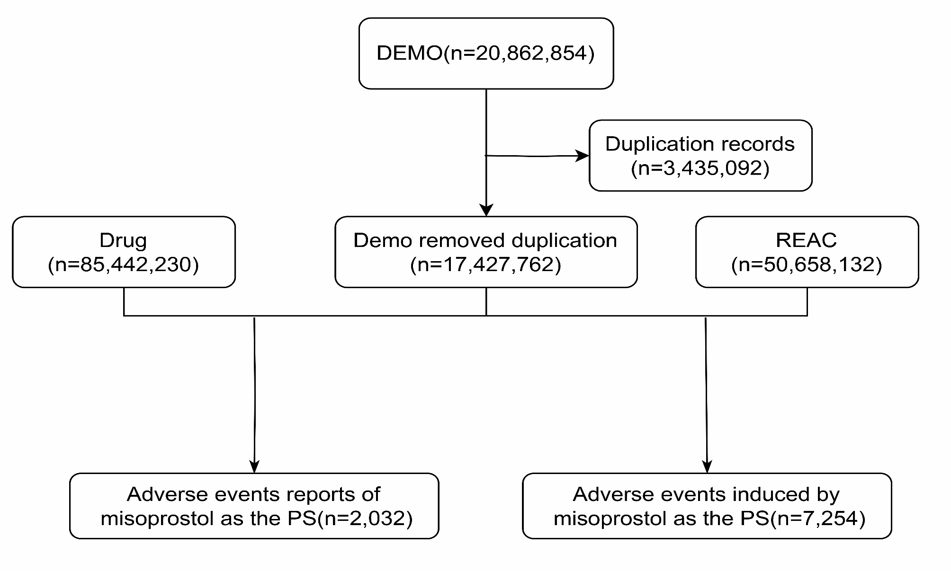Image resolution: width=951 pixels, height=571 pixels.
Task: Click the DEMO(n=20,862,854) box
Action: click(486, 53)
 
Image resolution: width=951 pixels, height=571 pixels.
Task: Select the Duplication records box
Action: click(700, 156)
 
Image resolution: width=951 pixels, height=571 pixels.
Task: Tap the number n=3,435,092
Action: click(700, 168)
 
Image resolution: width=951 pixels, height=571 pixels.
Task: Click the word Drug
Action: click(123, 241)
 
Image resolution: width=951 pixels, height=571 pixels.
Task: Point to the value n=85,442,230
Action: click(123, 264)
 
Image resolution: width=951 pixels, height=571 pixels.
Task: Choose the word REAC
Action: click(806, 240)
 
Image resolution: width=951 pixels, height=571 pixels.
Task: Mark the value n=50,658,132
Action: click(806, 264)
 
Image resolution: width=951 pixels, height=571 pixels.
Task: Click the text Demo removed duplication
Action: click(485, 240)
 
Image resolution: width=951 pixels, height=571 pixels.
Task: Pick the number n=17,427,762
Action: click(485, 264)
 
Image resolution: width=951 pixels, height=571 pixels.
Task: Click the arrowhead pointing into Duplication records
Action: click(583, 156)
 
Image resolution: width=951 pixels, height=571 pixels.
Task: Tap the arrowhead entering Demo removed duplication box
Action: click(486, 210)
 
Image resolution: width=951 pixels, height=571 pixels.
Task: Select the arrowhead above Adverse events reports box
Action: click(254, 466)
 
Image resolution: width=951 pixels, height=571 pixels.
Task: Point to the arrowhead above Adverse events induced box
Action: click(707, 466)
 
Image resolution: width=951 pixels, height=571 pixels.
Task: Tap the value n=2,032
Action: click(365, 518)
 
